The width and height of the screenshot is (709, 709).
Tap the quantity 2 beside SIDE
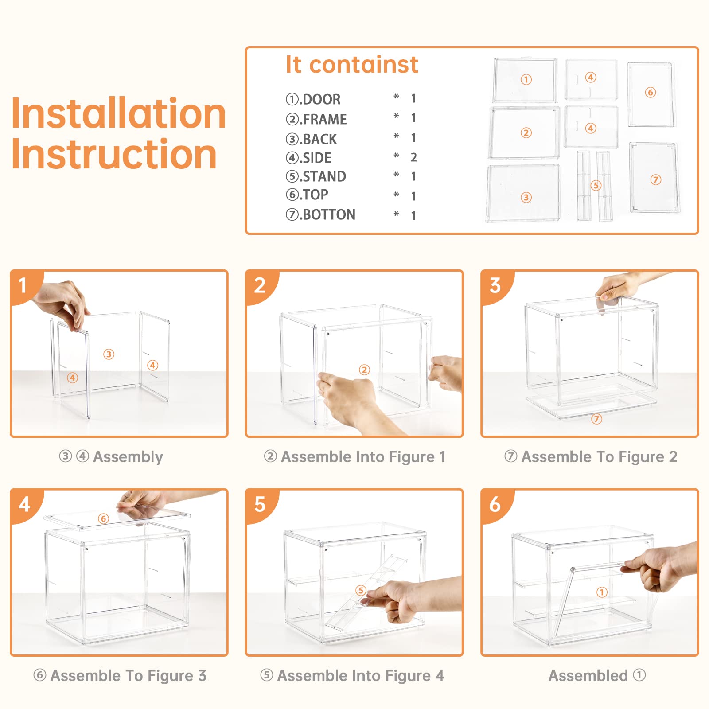pyautogui.click(x=414, y=157)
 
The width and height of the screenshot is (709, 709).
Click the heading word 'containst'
pyautogui.click(x=363, y=65)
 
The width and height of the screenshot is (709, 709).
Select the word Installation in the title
pyautogui.click(x=119, y=113)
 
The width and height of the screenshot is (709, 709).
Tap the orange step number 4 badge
pyautogui.click(x=25, y=505)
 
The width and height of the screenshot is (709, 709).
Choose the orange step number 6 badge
pyautogui.click(x=495, y=505)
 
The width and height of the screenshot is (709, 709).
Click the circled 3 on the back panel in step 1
pyautogui.click(x=109, y=354)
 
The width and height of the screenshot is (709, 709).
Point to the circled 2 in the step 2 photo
pyautogui.click(x=364, y=370)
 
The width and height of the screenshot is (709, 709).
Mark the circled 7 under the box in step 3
pyautogui.click(x=596, y=419)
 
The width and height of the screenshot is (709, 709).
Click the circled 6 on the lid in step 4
pyautogui.click(x=103, y=518)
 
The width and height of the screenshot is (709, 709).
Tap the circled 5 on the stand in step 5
pyautogui.click(x=361, y=590)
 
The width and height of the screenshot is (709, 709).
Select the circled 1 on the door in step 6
pyautogui.click(x=601, y=592)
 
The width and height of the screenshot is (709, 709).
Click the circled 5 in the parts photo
pyautogui.click(x=596, y=185)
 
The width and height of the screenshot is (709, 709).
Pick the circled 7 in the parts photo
pyautogui.click(x=656, y=179)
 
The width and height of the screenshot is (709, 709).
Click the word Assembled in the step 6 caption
pyautogui.click(x=588, y=676)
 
